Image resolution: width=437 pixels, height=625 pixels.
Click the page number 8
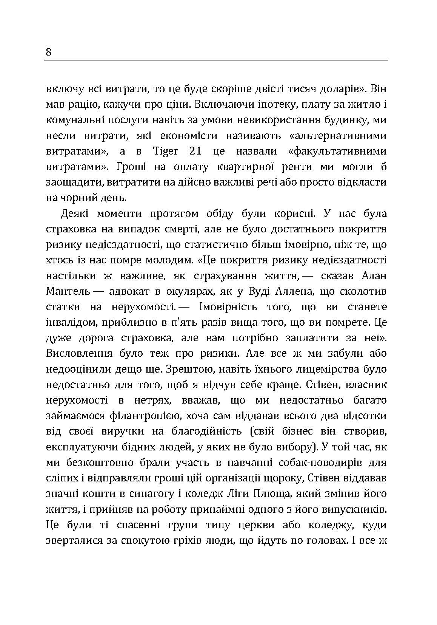tap(48, 52)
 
